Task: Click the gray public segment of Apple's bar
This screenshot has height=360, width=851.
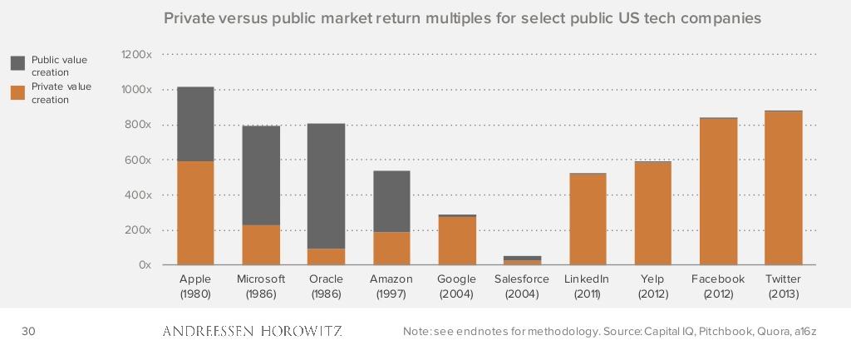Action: [x=195, y=124]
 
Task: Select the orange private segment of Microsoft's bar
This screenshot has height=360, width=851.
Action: [x=261, y=244]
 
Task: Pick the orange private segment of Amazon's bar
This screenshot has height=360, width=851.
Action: [x=391, y=248]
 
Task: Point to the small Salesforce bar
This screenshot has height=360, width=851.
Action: [x=522, y=260]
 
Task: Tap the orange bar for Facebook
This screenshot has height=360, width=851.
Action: [x=718, y=191]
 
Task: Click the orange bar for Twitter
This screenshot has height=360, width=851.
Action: [x=783, y=188]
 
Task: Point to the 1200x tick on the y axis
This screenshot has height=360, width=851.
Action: [x=136, y=55]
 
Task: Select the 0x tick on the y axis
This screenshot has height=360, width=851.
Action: [x=144, y=265]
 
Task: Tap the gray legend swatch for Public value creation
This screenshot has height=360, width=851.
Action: [x=17, y=63]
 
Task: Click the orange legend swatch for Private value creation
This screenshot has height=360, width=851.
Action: [x=17, y=91]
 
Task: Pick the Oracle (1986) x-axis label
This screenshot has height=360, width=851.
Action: [x=326, y=286]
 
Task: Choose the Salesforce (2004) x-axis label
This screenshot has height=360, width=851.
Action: [x=522, y=286]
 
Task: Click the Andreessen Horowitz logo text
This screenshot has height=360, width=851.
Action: [x=252, y=332]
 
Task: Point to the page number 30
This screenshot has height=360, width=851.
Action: [x=28, y=332]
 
